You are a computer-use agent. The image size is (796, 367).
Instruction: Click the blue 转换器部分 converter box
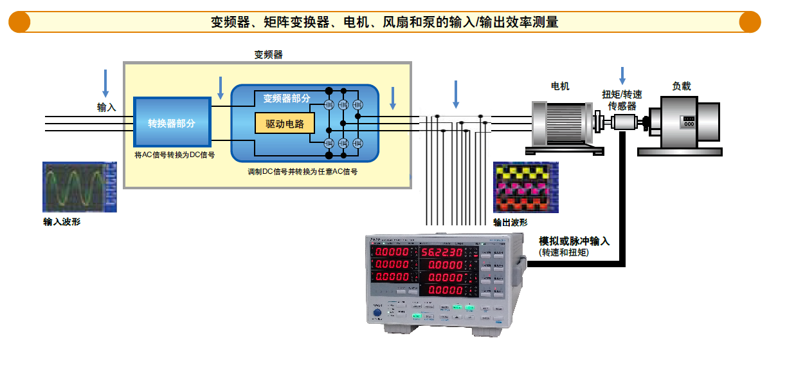coord(172,122)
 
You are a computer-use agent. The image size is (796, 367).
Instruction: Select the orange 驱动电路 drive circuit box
coord(284,124)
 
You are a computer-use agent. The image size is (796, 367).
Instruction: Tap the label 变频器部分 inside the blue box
coord(286,99)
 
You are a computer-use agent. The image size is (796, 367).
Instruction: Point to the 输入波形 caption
coord(62,222)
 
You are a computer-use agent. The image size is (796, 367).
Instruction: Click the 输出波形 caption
coord(510,222)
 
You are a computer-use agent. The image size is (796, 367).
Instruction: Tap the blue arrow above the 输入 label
coord(106,83)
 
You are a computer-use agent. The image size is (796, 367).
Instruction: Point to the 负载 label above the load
coord(682,86)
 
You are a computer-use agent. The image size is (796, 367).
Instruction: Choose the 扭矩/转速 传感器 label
coord(622,100)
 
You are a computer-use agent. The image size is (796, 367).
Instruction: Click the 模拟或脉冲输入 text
coord(574,241)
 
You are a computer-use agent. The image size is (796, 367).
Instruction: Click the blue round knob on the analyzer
coord(377,313)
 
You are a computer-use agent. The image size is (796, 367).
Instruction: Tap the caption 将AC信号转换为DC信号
coord(174,155)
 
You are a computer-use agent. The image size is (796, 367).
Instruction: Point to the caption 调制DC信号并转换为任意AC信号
coord(302,172)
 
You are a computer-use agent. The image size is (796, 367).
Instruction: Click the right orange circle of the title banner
coord(750,22)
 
